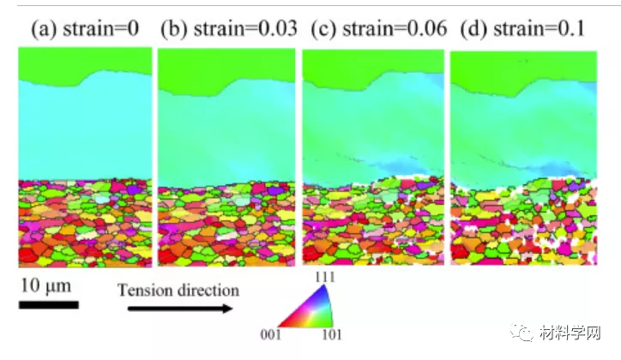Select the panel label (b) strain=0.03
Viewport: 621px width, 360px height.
coord(228,29)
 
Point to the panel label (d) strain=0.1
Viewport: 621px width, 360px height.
coord(522,29)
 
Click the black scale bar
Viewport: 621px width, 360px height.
coord(50,304)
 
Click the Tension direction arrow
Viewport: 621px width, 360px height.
coord(179,308)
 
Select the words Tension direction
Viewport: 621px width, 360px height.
coord(178,290)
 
